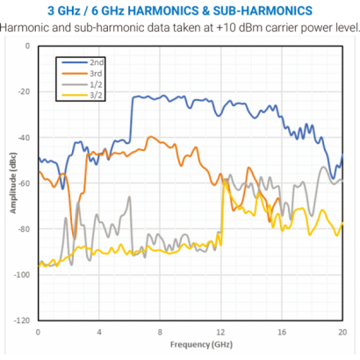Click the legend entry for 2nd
tap(95, 64)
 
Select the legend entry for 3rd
tap(95, 74)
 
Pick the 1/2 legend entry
tap(95, 83)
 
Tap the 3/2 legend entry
tap(95, 93)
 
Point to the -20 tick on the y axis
tap(25, 92)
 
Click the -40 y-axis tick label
tap(25, 138)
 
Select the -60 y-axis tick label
tap(25, 184)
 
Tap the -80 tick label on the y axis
tap(25, 229)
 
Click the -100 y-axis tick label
tap(23, 275)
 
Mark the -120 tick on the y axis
tap(23, 320)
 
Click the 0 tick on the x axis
tap(38, 332)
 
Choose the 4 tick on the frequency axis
tap(99, 332)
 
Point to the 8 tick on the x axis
tap(160, 332)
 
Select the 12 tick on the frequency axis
tap(220, 332)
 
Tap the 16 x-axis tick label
tap(281, 332)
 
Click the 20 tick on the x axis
tap(342, 332)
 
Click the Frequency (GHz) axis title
tap(190, 345)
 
